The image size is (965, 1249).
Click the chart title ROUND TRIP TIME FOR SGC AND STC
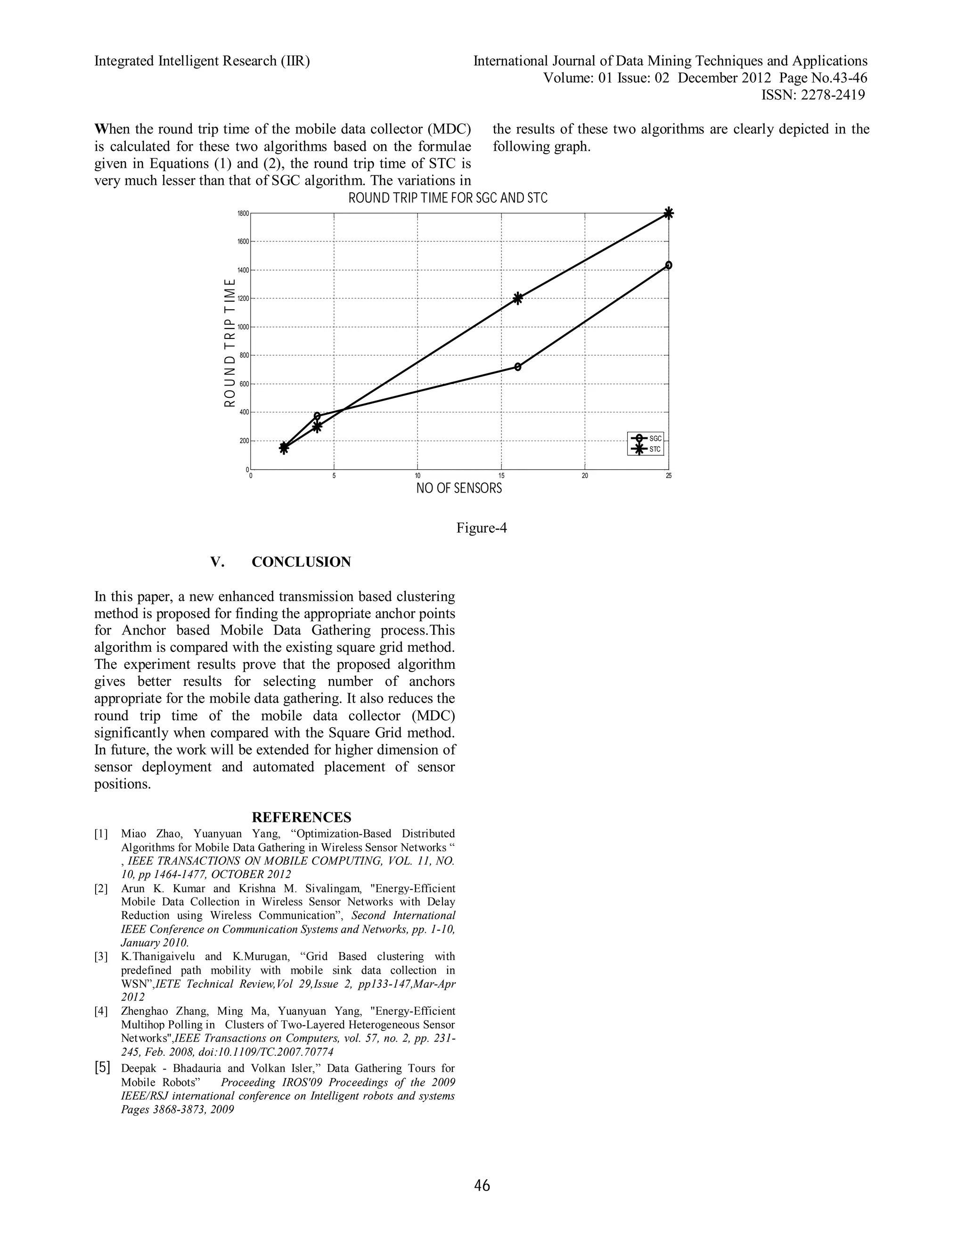click(448, 198)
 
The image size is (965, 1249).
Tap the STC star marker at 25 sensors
click(668, 214)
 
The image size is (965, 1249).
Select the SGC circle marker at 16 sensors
click(518, 367)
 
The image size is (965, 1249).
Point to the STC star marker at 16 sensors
click(518, 298)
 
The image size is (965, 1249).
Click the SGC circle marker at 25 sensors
click(668, 265)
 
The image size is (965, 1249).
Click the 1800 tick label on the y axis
click(243, 214)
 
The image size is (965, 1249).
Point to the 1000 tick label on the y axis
click(243, 327)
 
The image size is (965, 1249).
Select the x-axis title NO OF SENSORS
click(459, 488)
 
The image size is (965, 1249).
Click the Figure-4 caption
click(482, 528)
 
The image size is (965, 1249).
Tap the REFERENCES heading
click(301, 817)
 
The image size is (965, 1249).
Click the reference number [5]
click(102, 1067)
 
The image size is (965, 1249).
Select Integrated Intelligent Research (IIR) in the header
click(202, 61)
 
